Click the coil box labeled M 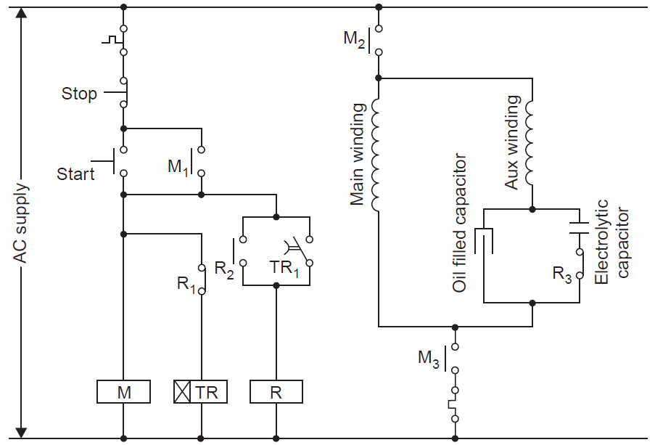point(123,392)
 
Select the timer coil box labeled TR point(200,392)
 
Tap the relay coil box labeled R point(276,392)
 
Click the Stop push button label point(79,94)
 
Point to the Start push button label point(76,174)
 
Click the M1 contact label point(178,166)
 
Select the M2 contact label point(355,38)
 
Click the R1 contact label point(186,283)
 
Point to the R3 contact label point(562,274)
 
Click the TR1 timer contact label point(284,266)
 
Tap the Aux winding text point(511,142)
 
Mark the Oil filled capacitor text point(459,223)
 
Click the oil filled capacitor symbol point(484,240)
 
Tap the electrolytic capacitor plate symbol point(579,226)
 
